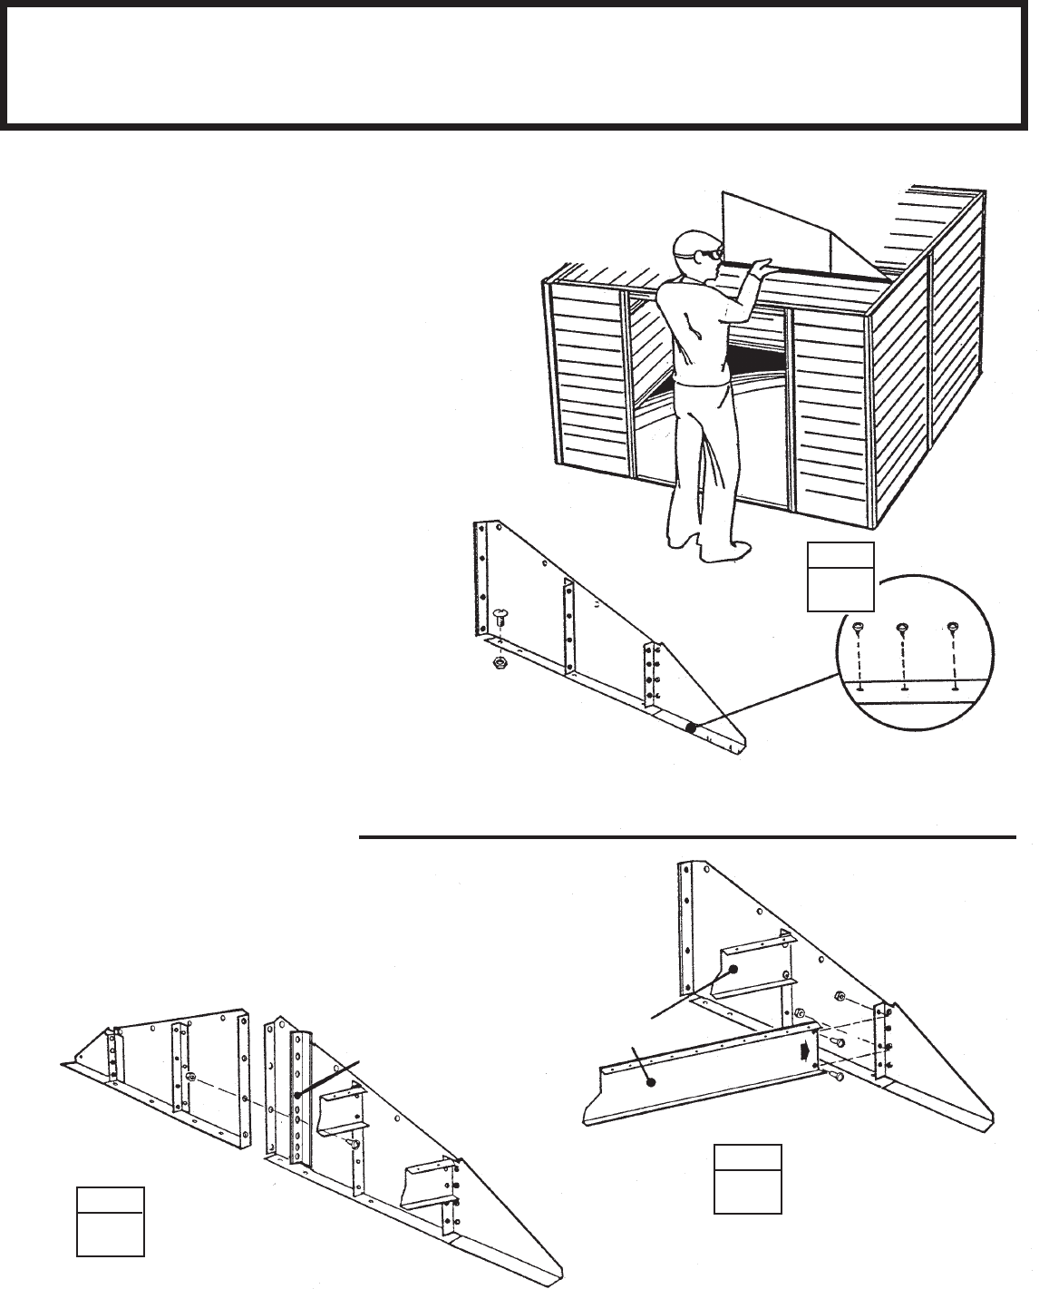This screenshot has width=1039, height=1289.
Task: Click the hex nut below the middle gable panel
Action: pyautogui.click(x=498, y=663)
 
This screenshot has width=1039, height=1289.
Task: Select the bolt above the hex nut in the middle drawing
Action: pyautogui.click(x=500, y=619)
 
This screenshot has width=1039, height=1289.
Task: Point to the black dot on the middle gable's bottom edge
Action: pyautogui.click(x=690, y=727)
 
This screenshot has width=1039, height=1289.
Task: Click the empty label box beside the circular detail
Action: pyautogui.click(x=840, y=577)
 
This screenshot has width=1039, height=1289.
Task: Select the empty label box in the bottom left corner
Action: pyautogui.click(x=110, y=1220)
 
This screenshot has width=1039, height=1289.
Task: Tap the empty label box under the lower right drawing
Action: pyautogui.click(x=747, y=1178)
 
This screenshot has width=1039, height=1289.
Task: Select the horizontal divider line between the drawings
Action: pyautogui.click(x=686, y=837)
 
